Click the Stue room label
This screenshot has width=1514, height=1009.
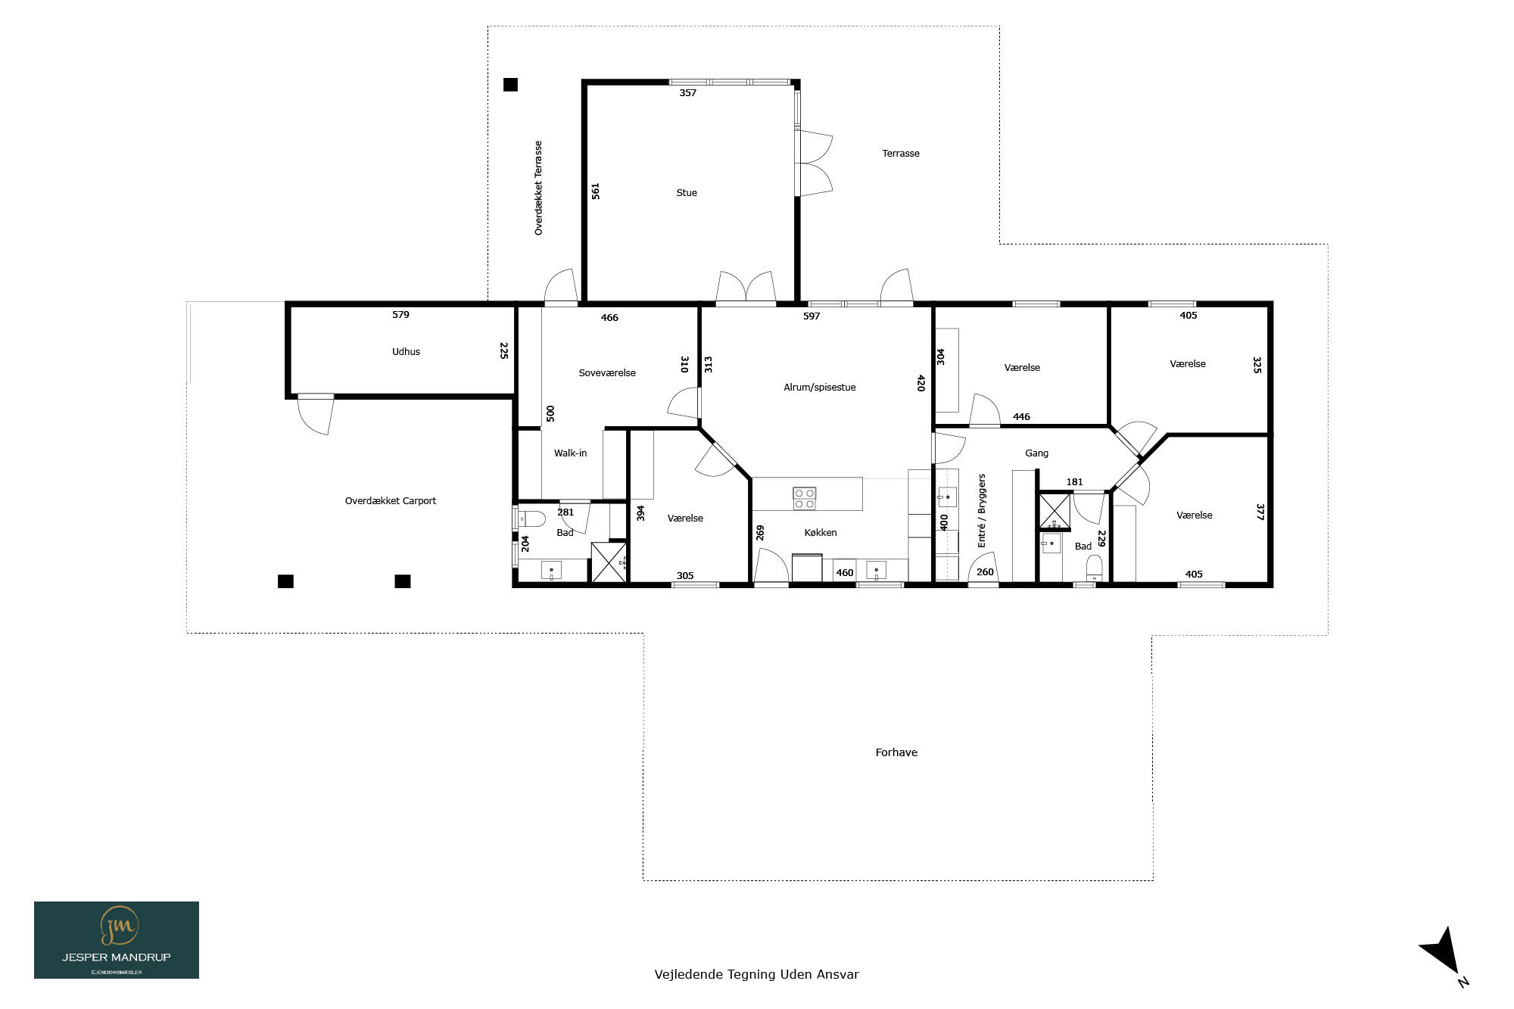(x=687, y=193)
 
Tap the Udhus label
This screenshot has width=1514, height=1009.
(x=406, y=352)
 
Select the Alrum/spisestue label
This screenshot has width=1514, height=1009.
(x=820, y=388)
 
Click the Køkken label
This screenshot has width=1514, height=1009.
(x=821, y=533)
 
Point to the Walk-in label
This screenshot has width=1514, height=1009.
(x=570, y=453)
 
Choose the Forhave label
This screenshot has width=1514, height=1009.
(x=896, y=752)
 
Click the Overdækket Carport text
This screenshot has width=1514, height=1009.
(x=391, y=501)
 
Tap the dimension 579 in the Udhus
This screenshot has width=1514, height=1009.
(x=400, y=315)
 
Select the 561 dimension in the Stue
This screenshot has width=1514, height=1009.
(x=596, y=191)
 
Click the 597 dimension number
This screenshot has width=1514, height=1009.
(x=812, y=316)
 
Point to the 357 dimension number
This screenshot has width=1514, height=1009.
(x=687, y=93)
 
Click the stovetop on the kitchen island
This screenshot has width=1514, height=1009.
(x=805, y=498)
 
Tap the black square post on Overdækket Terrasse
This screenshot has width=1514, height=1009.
(x=511, y=85)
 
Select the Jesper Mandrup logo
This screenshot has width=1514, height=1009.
(x=117, y=940)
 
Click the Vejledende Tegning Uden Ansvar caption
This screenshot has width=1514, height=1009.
(x=757, y=975)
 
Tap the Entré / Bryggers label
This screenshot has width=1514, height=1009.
(x=982, y=511)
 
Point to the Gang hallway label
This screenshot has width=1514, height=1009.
(x=1037, y=453)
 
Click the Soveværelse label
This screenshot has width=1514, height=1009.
(x=607, y=373)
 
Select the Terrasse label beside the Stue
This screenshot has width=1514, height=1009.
(x=901, y=154)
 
